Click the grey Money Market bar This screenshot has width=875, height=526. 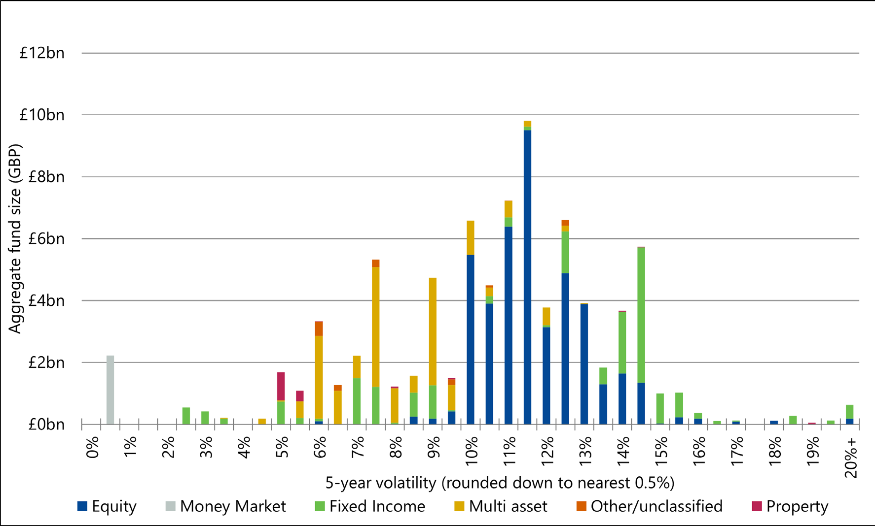[x=110, y=390]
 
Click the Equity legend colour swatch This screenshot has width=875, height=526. [x=82, y=506]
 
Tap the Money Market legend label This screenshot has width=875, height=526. [x=233, y=506]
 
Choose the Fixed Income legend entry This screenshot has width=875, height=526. [x=377, y=506]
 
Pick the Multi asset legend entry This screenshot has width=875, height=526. [x=508, y=506]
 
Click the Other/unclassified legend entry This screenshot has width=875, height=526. [x=656, y=506]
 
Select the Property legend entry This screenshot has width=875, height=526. [x=797, y=506]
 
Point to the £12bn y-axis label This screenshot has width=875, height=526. [x=42, y=53]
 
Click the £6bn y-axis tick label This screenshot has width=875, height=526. [x=46, y=239]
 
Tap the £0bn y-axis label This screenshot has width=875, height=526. [x=46, y=425]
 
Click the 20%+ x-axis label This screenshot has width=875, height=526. [x=851, y=458]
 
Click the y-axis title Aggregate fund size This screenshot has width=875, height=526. [x=15, y=239]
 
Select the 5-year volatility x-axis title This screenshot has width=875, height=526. [x=500, y=483]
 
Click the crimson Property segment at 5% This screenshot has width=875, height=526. [x=281, y=386]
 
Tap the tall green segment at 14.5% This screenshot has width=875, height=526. [x=641, y=315]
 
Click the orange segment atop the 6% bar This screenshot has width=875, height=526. [x=319, y=329]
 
